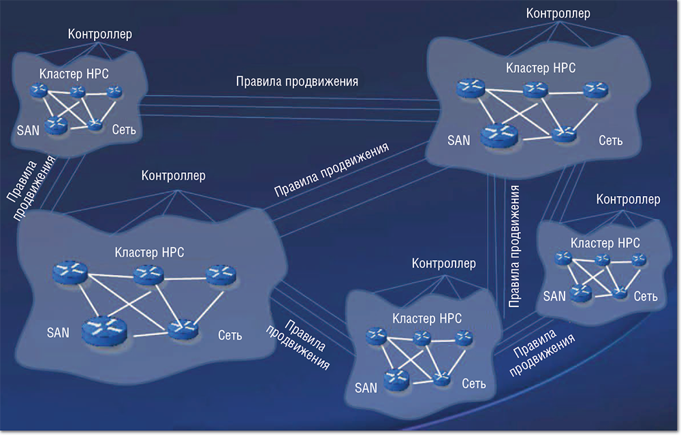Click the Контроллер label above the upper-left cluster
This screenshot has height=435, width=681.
[100, 33]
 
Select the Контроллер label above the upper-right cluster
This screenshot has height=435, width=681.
[558, 13]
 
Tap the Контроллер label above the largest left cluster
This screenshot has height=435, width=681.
[174, 176]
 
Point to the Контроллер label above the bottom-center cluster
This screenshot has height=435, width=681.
[444, 263]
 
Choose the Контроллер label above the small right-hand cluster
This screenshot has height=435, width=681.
[628, 199]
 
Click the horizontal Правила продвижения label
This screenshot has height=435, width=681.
[297, 81]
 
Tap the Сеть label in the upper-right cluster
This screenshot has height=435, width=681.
[610, 141]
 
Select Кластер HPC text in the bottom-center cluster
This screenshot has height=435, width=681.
[427, 318]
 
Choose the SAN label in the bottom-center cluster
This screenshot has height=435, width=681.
[366, 388]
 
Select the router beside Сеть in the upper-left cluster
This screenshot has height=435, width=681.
[95, 125]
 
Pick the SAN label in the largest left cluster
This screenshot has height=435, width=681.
[58, 334]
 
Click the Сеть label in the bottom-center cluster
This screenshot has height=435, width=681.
[474, 384]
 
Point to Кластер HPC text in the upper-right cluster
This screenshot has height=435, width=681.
[541, 68]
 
